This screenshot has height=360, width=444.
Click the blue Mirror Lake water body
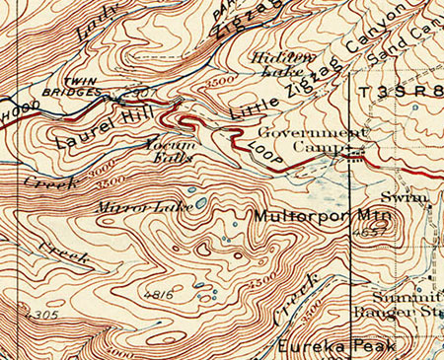[200, 203]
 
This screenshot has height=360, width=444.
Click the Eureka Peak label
[336, 346]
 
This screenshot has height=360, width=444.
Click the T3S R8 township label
[400, 92]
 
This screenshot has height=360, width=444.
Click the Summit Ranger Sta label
[410, 305]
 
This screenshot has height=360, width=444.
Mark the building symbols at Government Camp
[355, 154]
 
